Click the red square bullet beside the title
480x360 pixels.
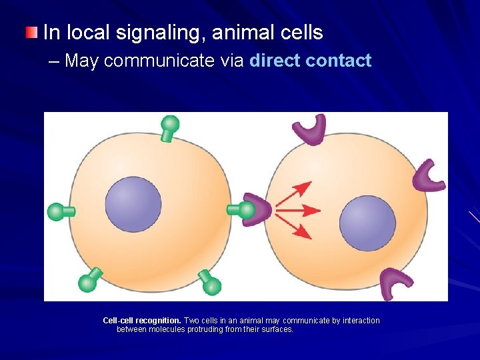tap(31, 33)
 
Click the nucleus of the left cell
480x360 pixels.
tap(133, 204)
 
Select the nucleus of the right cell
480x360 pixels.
tap(367, 223)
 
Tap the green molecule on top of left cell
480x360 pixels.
tap(170, 127)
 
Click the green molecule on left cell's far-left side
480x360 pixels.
tap(59, 212)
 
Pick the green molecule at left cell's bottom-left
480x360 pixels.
tap(90, 280)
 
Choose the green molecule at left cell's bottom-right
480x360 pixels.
tap(209, 283)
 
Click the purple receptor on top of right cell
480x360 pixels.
tap(311, 129)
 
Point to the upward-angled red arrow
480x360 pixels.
tap(294, 193)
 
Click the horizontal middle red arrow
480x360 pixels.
tap(298, 211)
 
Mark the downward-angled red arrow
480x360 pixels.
tap(294, 228)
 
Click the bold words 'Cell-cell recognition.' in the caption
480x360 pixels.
tap(141, 321)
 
